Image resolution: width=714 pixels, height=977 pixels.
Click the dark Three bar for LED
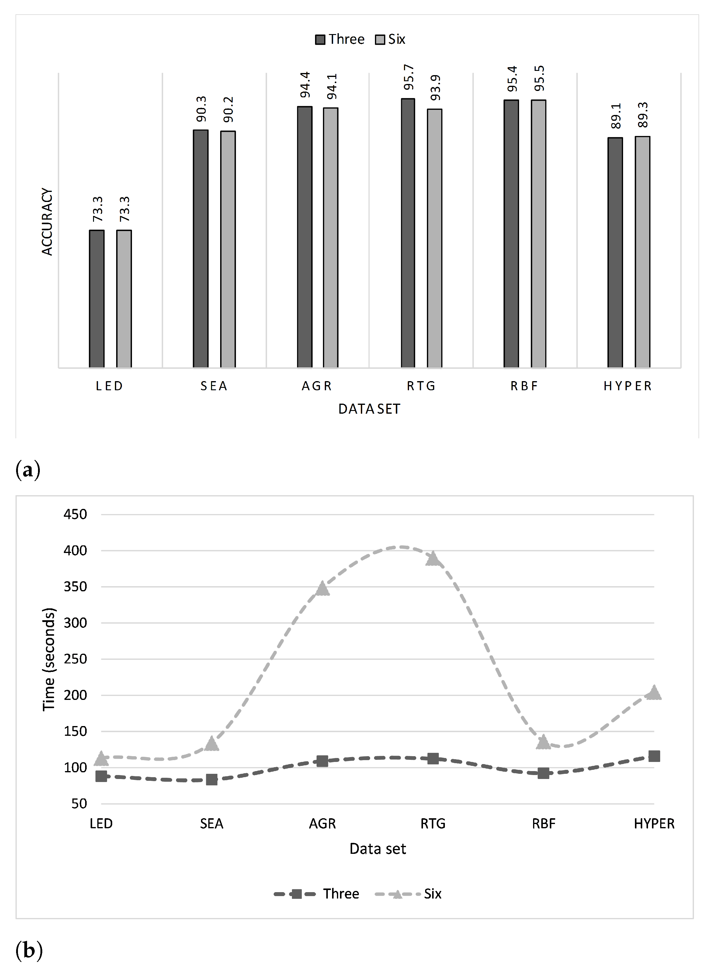[x=97, y=299]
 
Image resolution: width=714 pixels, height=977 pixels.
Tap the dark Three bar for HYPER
[x=615, y=252]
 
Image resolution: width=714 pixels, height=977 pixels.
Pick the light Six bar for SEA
[x=228, y=249]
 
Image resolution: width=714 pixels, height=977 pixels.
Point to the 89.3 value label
[x=643, y=115]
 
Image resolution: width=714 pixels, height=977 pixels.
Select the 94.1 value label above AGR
[x=331, y=86]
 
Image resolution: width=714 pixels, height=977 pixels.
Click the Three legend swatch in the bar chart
[x=320, y=40]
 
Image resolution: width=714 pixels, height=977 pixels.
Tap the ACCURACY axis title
[x=47, y=221]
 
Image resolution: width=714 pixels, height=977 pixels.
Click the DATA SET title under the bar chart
[x=369, y=409]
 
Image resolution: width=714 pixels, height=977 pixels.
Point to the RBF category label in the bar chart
[x=524, y=386]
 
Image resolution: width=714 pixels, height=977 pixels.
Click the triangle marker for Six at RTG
[x=433, y=559]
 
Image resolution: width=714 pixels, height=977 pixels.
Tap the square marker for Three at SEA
[x=212, y=779]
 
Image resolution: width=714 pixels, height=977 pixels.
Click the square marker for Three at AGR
[x=322, y=761]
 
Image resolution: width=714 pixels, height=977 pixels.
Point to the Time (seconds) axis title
[x=49, y=659]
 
